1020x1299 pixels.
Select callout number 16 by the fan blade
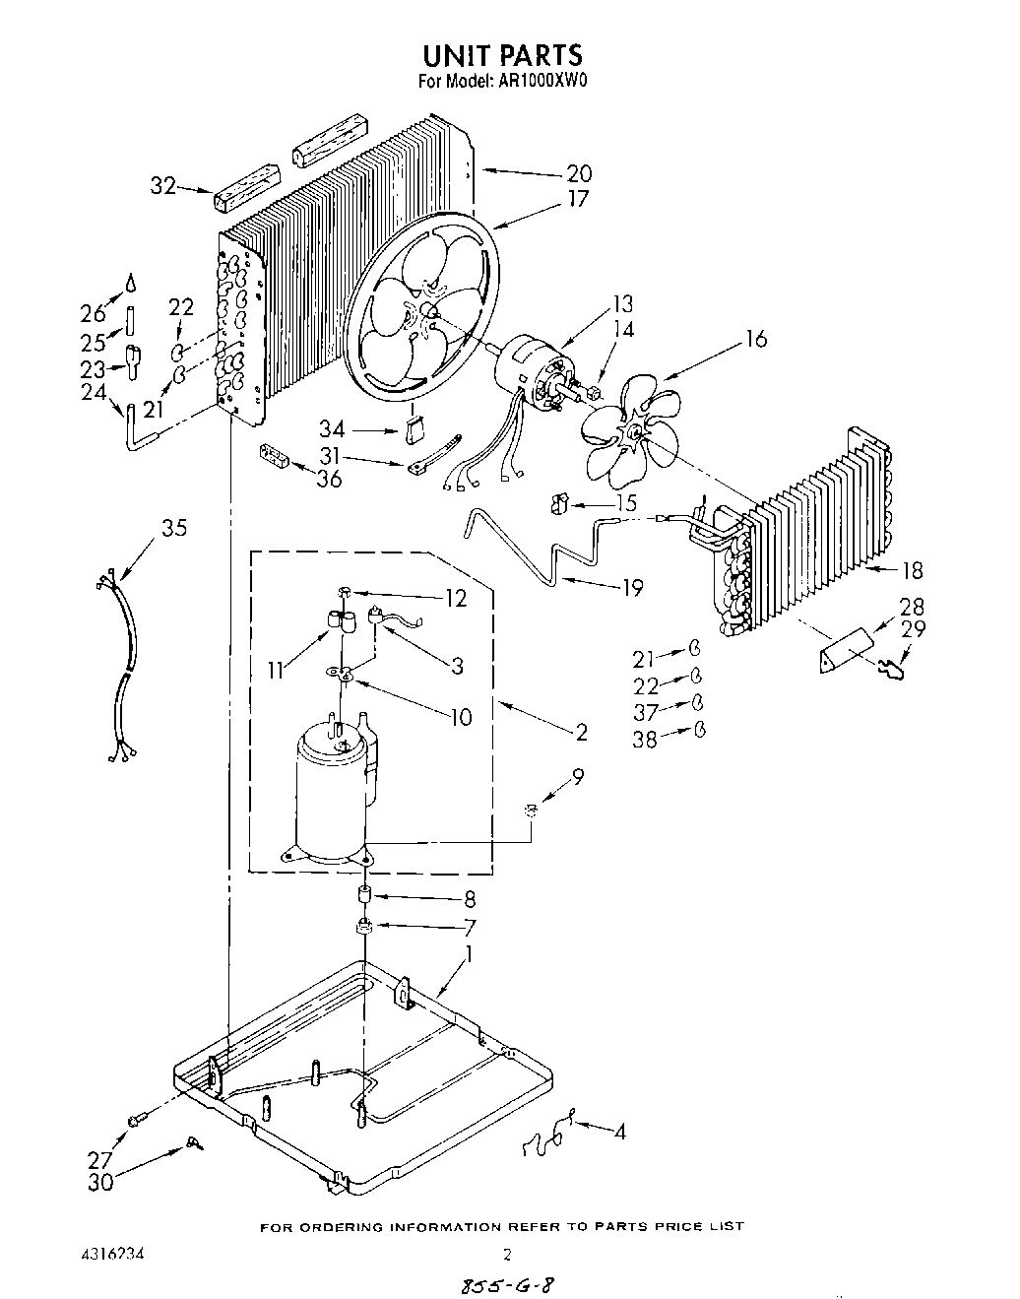(755, 341)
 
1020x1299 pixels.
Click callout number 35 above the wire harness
(173, 528)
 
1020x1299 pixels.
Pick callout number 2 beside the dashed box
(582, 732)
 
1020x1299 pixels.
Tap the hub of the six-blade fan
(635, 430)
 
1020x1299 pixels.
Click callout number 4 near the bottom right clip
(619, 1133)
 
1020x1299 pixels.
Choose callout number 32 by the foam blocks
(162, 184)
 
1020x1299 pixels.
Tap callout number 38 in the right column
(644, 738)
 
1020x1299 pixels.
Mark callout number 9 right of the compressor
(577, 775)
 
